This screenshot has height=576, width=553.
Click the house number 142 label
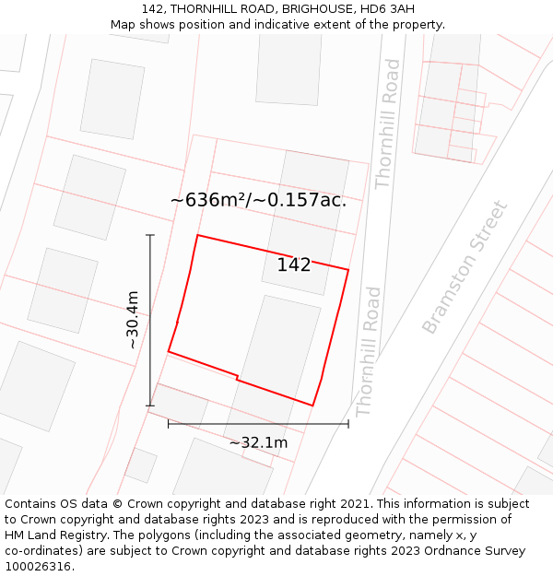coord(294,265)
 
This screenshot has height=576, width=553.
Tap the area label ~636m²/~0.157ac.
coord(258,200)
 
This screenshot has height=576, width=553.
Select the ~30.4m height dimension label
coord(133,320)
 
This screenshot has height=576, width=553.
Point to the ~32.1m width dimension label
coord(258,443)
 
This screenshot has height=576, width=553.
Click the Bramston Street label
coord(465,267)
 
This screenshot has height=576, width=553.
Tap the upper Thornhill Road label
coord(388,123)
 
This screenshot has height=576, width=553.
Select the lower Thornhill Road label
coord(368,351)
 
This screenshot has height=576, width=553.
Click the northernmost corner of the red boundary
coord(197,235)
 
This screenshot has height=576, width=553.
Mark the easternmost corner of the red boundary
coord(348,270)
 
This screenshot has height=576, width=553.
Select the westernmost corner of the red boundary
coord(169,351)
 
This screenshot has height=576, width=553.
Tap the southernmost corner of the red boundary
coord(312,406)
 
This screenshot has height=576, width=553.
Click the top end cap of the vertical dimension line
coord(150,235)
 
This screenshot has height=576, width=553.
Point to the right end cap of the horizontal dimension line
coord(348,424)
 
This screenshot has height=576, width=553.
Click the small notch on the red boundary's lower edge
coord(238,378)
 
